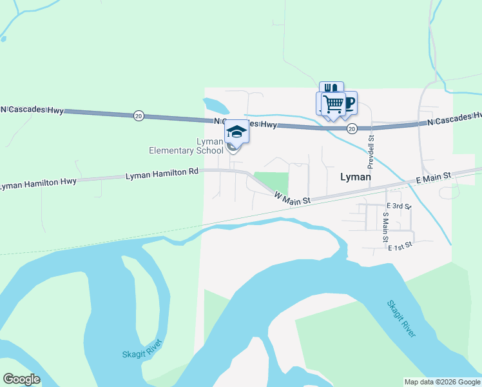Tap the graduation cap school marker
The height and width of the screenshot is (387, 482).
pyautogui.click(x=236, y=132)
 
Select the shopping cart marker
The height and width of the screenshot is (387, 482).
pyautogui.click(x=333, y=103)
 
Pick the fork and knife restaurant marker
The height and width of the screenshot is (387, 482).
pyautogui.click(x=331, y=88)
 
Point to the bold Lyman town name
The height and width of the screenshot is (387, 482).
pyautogui.click(x=355, y=177)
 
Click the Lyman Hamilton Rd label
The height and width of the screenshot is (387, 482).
pyautogui.click(x=162, y=174)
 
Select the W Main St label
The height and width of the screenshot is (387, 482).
pyautogui.click(x=293, y=197)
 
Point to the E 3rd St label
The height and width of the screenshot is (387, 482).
pyautogui.click(x=398, y=206)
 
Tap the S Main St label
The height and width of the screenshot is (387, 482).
pyautogui.click(x=385, y=226)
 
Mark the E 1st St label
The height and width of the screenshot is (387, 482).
pyautogui.click(x=400, y=245)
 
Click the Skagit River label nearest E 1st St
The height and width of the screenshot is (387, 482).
pyautogui.click(x=401, y=319)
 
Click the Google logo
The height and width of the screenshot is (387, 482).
pyautogui.click(x=21, y=379)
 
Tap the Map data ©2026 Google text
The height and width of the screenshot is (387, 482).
pyautogui.click(x=442, y=382)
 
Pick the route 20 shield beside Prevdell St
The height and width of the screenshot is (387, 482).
pyautogui.click(x=351, y=129)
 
